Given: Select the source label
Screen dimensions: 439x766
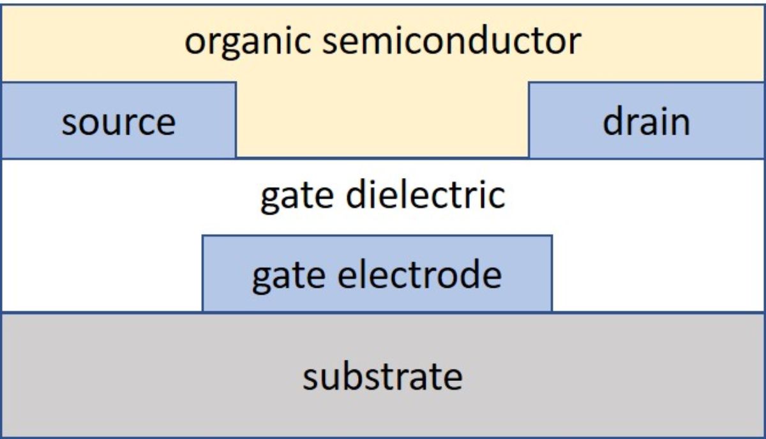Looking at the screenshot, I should [118, 121].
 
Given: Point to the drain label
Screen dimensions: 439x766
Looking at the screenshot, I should [646, 121].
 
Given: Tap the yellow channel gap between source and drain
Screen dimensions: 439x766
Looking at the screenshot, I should [382, 121].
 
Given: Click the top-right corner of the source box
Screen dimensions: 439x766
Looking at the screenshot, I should [236, 82].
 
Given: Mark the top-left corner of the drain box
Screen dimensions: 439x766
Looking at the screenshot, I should [529, 82].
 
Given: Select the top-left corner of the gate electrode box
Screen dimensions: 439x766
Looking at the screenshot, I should [203, 235].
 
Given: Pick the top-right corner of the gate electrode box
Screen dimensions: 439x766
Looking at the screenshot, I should [552, 235].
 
